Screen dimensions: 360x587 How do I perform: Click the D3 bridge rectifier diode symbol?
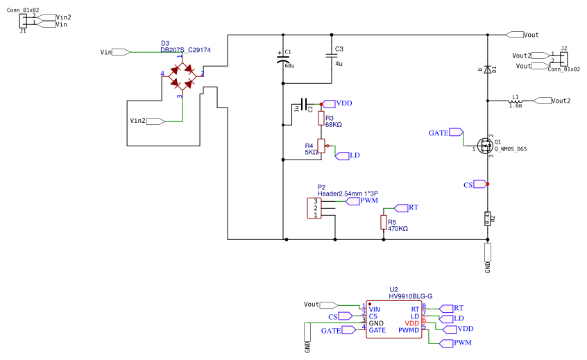182,76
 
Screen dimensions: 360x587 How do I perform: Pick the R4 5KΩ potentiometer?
321,146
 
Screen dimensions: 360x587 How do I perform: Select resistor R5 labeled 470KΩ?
383,222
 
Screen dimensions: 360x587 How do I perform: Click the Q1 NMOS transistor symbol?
484,148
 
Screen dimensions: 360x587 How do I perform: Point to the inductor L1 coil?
516,101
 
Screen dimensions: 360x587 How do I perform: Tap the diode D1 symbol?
488,69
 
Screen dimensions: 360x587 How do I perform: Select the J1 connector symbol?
24,20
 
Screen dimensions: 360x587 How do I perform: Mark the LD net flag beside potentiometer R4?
347,155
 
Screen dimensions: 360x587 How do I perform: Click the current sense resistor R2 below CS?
488,219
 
